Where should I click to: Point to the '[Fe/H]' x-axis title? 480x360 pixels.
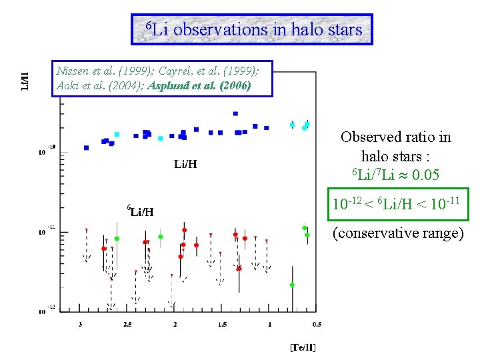click(303, 347)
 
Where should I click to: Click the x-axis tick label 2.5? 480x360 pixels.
click(127, 325)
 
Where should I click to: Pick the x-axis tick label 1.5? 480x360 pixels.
click(221, 325)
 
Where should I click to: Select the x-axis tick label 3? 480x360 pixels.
click(81, 325)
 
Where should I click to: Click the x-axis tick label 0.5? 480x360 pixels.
click(316, 325)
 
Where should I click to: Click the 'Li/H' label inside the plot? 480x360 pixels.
click(185, 164)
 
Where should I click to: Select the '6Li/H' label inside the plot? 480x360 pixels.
click(141, 211)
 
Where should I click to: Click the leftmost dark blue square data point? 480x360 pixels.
click(86, 147)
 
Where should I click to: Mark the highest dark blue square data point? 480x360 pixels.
click(235, 114)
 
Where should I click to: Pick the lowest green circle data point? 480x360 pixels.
click(292, 285)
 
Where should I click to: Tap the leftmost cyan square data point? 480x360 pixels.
click(117, 134)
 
